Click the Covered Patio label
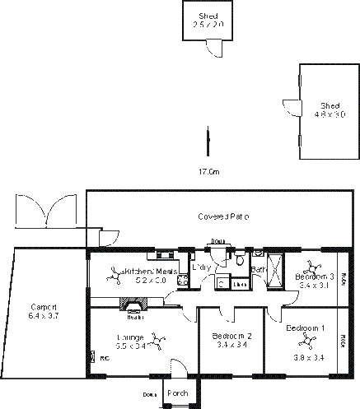[223, 216]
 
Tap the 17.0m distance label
[208, 172]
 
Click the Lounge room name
[130, 337]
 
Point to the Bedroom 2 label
[231, 337]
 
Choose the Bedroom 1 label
[305, 328]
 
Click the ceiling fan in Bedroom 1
[307, 341]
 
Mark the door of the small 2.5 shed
[213, 49]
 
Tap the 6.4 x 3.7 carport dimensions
[44, 315]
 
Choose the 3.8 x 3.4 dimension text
[307, 357]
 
